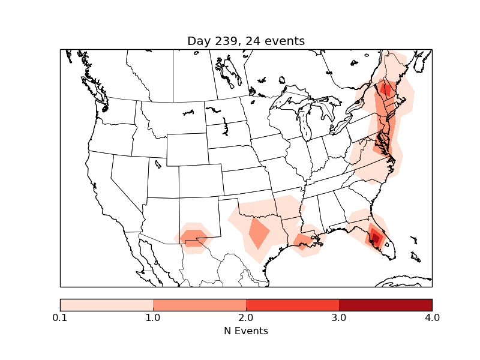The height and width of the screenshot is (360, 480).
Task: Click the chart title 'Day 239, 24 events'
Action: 246,41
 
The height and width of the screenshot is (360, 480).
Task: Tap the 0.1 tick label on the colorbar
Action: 60,317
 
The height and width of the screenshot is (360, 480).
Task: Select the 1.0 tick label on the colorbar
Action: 153,317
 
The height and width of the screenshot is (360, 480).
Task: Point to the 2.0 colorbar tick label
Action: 246,317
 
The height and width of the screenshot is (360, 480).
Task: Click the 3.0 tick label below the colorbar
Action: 339,317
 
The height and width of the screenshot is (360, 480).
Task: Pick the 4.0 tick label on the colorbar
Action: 432,317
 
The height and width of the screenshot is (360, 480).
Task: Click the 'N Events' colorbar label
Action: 246,331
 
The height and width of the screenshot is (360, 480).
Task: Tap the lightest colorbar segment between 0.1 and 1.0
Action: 107,305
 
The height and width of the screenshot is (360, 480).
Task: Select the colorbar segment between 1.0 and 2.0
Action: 199,305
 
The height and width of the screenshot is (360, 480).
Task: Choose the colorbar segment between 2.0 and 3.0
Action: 292,305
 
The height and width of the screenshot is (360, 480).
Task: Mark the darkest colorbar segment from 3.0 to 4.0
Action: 385,305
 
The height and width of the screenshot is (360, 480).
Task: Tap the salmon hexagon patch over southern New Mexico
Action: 193,238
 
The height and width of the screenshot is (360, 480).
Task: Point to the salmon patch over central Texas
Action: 260,233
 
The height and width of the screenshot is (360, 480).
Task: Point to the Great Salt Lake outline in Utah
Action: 158,163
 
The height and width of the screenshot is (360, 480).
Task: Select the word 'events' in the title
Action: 285,41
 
